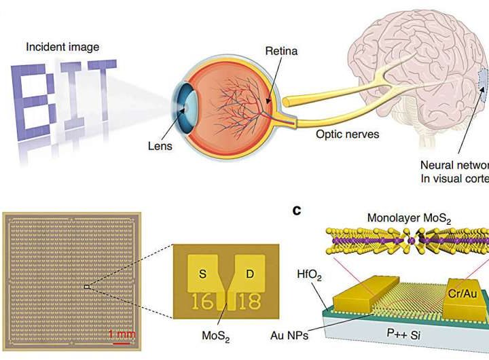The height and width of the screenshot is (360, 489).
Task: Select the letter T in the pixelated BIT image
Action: [x=99, y=91]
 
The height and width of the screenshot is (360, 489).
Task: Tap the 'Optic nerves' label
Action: [x=347, y=134]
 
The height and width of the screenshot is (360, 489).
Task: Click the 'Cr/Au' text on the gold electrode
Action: [x=465, y=295]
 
